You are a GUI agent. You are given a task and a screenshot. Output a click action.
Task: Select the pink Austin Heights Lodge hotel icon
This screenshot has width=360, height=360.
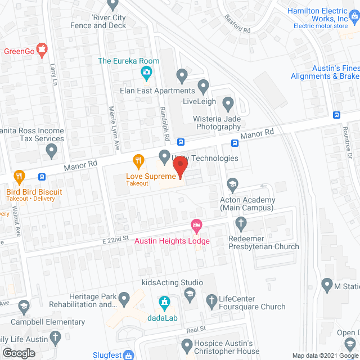tap(196, 226)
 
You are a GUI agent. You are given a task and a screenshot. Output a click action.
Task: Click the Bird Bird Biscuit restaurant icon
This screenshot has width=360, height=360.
tap(19, 176)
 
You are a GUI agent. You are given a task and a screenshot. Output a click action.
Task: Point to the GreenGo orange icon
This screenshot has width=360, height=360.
tap(42, 52)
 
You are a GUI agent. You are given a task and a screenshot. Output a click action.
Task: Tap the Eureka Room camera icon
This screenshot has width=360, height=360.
tap(146, 72)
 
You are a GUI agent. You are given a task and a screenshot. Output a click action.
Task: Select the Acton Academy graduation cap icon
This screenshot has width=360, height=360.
tap(232, 184)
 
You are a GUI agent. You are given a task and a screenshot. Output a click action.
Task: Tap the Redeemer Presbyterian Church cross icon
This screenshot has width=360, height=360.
tap(241, 225)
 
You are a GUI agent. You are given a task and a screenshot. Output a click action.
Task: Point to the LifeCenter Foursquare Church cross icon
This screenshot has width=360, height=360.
tap(211, 300)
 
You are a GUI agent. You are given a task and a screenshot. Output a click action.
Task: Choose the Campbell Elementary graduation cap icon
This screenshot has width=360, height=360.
tap(23, 307)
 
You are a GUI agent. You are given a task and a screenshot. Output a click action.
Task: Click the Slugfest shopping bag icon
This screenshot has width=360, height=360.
tap(129, 355)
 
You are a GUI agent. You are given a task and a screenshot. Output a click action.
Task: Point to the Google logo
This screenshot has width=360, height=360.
tap(19, 353)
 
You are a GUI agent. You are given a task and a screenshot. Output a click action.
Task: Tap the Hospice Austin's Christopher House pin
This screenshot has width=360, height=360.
tap(187, 344)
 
